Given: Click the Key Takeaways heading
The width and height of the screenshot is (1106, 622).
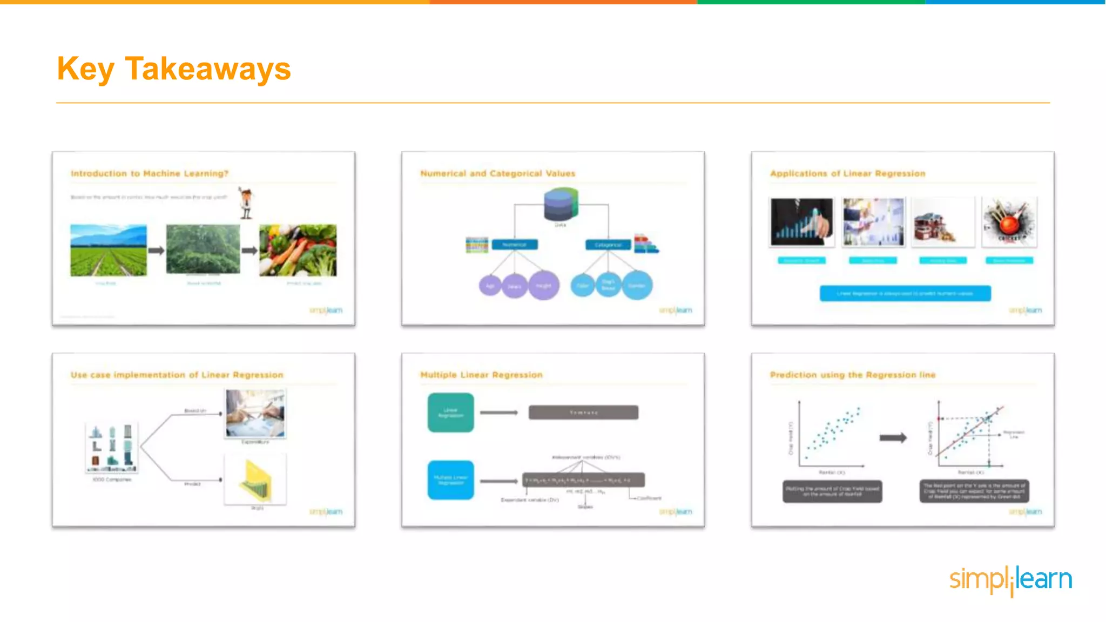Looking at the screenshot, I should point(174,69).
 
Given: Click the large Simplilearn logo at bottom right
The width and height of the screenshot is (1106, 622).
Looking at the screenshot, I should point(1010,580).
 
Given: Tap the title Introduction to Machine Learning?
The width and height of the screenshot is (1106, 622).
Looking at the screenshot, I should point(150,173).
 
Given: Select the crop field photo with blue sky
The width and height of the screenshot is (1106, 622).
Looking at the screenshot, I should point(109,250).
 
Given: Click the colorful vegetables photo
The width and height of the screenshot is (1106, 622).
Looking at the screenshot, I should point(298,250).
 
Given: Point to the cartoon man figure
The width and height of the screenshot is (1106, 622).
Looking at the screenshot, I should point(246,204).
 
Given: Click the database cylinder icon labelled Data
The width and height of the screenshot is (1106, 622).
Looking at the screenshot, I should point(561,204).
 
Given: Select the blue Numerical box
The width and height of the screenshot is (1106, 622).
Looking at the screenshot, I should point(514,245).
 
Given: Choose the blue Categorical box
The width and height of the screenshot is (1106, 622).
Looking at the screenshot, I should point(608,245).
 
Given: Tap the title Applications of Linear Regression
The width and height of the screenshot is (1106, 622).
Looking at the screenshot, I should point(847,173).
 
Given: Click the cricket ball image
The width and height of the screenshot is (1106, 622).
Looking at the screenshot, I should point(1009,222).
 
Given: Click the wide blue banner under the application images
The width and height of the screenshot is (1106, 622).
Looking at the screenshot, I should point(905,293).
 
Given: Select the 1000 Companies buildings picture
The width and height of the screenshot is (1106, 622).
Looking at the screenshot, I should point(112,448).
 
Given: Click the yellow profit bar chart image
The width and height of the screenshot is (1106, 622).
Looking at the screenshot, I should point(255,479).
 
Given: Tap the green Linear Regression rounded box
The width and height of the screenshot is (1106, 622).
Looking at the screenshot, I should point(450,413).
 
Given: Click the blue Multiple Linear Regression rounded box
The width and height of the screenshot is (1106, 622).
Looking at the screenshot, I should point(450,480).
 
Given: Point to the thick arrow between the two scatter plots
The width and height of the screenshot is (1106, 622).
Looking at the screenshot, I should point(893,437).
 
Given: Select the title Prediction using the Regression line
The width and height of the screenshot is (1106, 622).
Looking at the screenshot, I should point(852,375).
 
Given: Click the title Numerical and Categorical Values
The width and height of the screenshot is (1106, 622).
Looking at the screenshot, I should point(497,173).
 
